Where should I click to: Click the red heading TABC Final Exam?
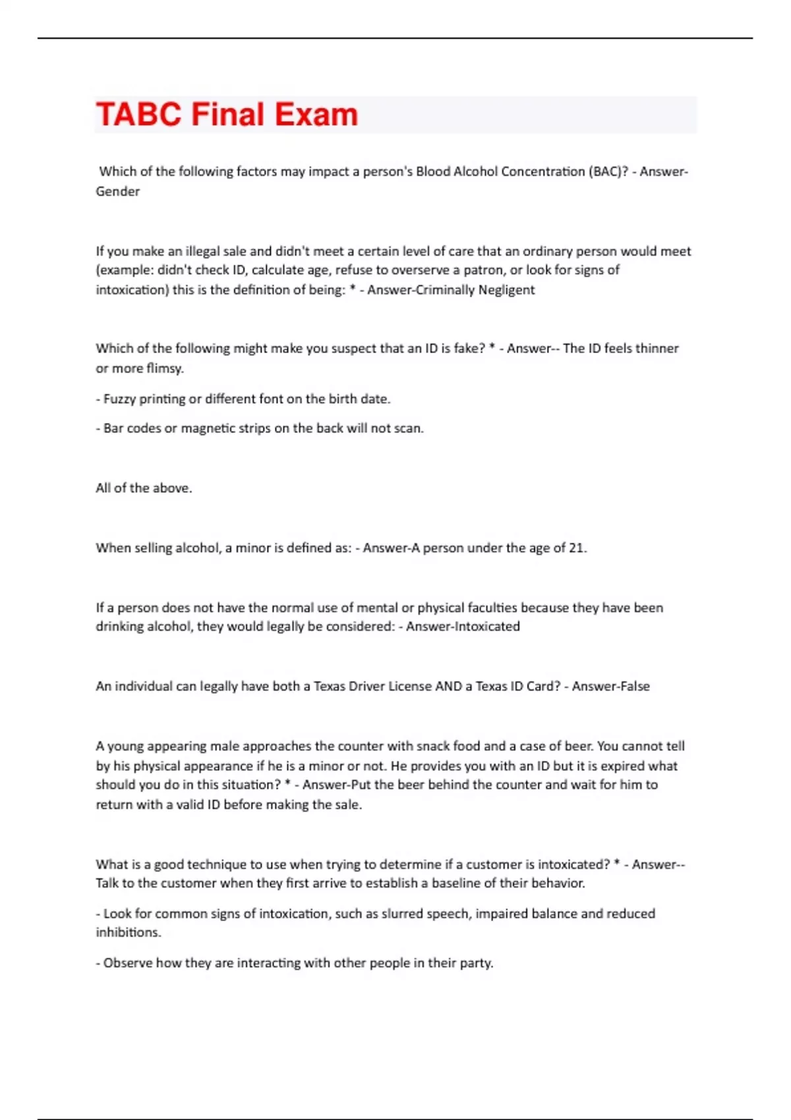click(227, 115)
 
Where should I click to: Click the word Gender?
click(117, 192)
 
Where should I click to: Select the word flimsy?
click(165, 368)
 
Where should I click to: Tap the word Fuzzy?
click(119, 399)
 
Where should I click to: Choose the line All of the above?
click(144, 488)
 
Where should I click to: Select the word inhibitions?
click(128, 933)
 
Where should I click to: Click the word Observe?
click(128, 963)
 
